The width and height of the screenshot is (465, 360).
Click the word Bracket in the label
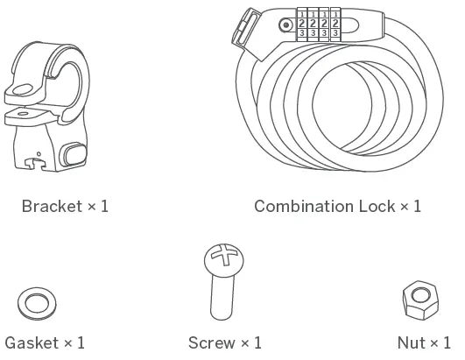click(x=51, y=207)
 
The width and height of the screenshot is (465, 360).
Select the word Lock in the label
click(x=377, y=207)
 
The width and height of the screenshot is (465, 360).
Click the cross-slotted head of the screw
click(x=222, y=258)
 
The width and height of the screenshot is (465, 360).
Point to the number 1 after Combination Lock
click(x=417, y=207)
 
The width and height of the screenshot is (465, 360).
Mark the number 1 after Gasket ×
click(x=81, y=342)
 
